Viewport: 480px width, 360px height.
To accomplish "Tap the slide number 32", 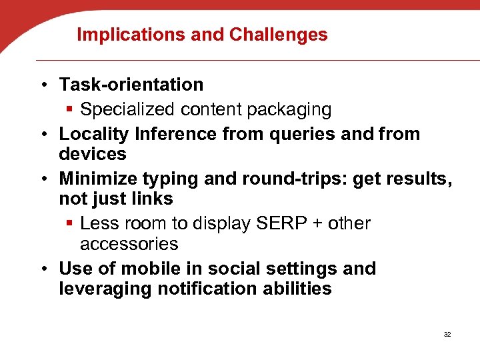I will pyautogui.click(x=447, y=333).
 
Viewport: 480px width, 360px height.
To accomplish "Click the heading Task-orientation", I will pyautogui.click(x=131, y=85).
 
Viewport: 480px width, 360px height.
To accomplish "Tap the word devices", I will pyautogui.click(x=93, y=154).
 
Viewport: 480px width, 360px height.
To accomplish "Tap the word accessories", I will pyautogui.click(x=129, y=244).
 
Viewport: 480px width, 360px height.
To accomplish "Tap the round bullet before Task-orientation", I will pyautogui.click(x=43, y=85).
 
